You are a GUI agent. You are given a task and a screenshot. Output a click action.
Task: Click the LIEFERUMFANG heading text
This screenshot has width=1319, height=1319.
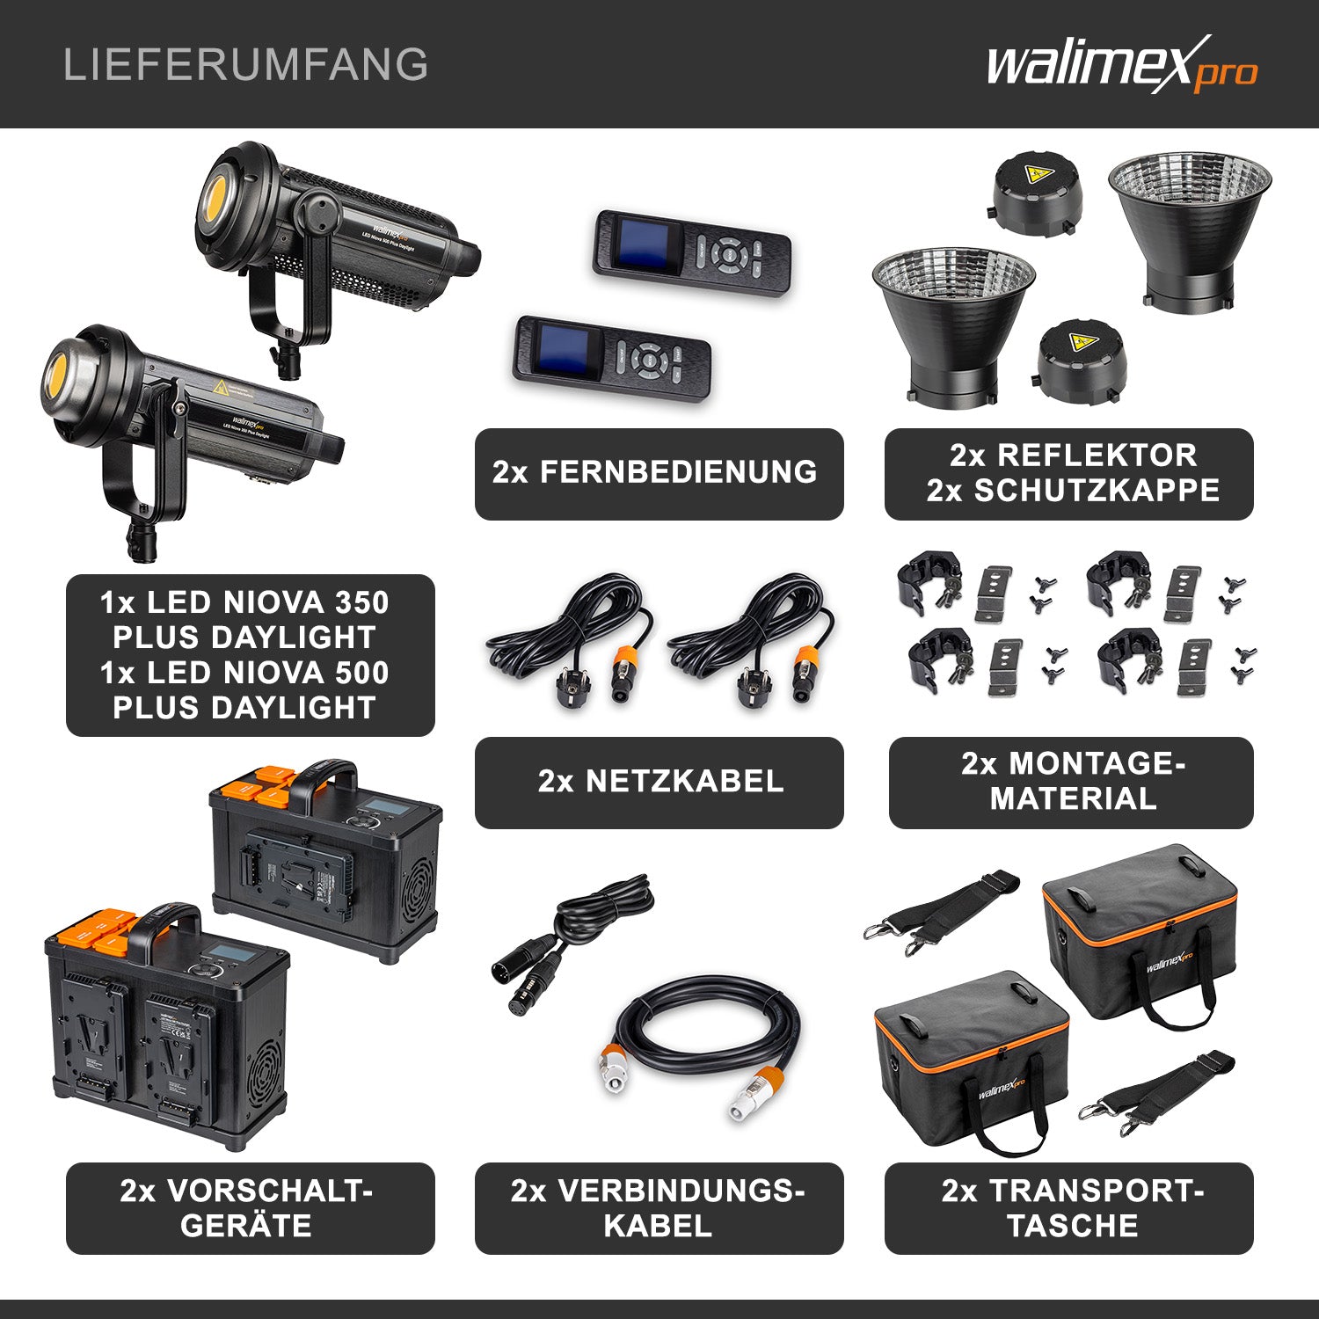245,65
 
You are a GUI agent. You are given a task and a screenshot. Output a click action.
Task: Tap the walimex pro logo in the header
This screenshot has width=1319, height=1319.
1121,65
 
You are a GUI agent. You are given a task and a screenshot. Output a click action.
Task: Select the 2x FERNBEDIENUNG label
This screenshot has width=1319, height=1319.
659,473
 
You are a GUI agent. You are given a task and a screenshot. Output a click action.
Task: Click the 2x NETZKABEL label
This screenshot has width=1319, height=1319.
659,782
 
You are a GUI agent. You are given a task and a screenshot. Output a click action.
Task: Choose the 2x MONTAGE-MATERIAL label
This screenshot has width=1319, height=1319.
1071,782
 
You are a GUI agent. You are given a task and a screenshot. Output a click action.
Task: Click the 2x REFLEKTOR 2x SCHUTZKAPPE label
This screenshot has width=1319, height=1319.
1069,473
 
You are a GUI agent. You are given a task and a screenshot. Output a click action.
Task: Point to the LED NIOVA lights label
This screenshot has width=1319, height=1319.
250,655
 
